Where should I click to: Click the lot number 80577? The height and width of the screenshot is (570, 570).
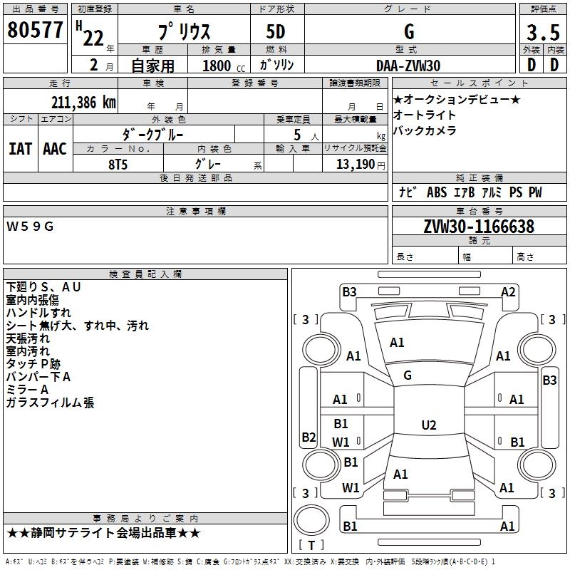[x=35, y=30]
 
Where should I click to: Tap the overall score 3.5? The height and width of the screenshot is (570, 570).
[x=543, y=32]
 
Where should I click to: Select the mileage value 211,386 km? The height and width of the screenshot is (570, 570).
[x=83, y=103]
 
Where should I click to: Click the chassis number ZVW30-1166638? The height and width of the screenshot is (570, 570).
[x=479, y=227]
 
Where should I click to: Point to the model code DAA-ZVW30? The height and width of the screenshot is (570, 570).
[x=408, y=66]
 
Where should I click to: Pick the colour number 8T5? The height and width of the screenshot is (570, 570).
[x=118, y=165]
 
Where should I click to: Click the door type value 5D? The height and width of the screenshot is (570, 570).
[x=276, y=32]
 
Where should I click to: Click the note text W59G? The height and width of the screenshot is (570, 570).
[x=30, y=227]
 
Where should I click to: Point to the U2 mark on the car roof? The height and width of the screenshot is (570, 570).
[x=429, y=425]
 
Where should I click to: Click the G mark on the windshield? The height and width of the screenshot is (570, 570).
[x=408, y=375]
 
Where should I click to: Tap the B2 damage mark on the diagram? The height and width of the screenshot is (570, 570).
[x=309, y=437]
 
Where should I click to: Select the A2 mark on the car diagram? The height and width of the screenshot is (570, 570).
[x=508, y=292]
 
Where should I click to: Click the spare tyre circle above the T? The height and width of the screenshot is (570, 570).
[x=311, y=520]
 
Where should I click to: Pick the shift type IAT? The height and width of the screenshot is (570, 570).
[x=20, y=149]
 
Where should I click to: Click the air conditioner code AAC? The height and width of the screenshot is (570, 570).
[x=55, y=149]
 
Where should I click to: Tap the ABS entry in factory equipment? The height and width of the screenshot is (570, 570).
[x=437, y=192]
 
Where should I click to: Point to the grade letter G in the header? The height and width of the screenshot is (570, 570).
[x=409, y=31]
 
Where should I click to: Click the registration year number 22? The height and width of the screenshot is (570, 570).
[x=93, y=38]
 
